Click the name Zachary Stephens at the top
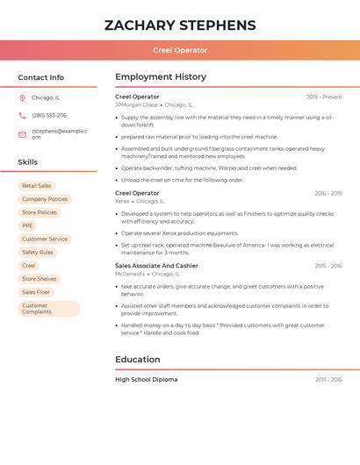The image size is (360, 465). point(180,25)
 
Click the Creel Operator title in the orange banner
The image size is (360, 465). point(180,51)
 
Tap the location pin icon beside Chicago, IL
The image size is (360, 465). point(22,98)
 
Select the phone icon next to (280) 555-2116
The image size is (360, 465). point(22,116)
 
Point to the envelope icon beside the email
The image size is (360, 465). point(22,134)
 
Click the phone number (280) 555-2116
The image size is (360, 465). point(49,116)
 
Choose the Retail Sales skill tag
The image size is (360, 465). point(37,186)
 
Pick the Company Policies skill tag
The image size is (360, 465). point(45,199)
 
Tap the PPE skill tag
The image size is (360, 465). point(28,225)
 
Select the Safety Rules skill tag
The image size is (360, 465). point(38,252)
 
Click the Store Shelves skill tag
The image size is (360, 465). point(40,279)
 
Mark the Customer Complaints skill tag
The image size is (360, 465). point(48,308)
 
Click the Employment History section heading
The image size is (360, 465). point(161,77)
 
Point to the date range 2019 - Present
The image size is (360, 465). point(324,97)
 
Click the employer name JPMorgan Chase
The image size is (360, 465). point(136,104)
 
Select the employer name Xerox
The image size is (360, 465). point(122,201)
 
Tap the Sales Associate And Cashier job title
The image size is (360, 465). point(156,266)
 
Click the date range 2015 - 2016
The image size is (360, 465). point(328,266)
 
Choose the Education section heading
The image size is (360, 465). point(138,360)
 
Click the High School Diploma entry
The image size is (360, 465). point(146,380)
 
